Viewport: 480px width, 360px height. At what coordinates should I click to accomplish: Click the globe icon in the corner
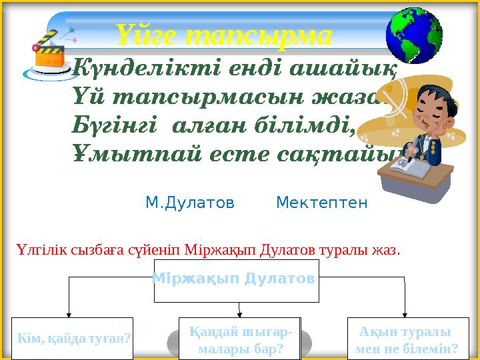[x=414, y=34]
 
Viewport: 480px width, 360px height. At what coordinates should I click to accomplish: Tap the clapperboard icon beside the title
[x=49, y=49]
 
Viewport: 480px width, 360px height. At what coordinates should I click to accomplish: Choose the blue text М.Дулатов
[x=190, y=202]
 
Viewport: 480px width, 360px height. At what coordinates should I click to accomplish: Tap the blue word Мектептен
[x=321, y=202]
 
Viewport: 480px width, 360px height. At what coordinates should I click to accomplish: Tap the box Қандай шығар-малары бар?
[x=240, y=340]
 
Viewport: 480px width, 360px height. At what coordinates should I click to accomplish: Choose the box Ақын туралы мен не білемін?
[x=407, y=340]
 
